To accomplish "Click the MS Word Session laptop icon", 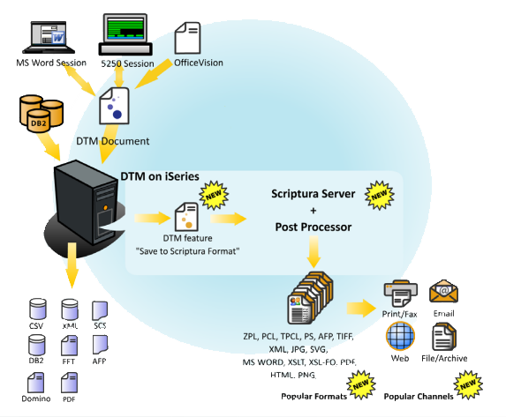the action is pos(49,37).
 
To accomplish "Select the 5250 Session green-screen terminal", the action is pos(125,34).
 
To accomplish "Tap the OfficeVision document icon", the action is pos(187,38).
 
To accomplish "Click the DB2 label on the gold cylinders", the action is pos(38,123).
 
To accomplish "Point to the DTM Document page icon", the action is pos(114,106).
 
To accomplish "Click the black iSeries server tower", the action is pos(87,201).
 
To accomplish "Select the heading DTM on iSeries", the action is pos(160,176).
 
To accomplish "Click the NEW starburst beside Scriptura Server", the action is pos(379,196).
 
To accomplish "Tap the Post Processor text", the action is pos(313,227).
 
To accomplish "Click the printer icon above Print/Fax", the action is pos(401,294).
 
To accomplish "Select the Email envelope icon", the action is pos(443,291).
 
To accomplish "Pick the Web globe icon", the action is pos(400,336).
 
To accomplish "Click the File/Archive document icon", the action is pos(444,337).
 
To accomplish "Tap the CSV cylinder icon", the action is pos(37,309).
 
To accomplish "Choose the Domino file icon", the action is pos(36,383).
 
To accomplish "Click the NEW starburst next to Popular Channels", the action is pos(468,384).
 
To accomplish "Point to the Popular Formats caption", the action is pos(313,396).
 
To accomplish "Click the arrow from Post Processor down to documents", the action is pos(313,251).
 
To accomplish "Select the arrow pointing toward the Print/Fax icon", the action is pos(361,309).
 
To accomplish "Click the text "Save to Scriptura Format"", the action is pos(187,251).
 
